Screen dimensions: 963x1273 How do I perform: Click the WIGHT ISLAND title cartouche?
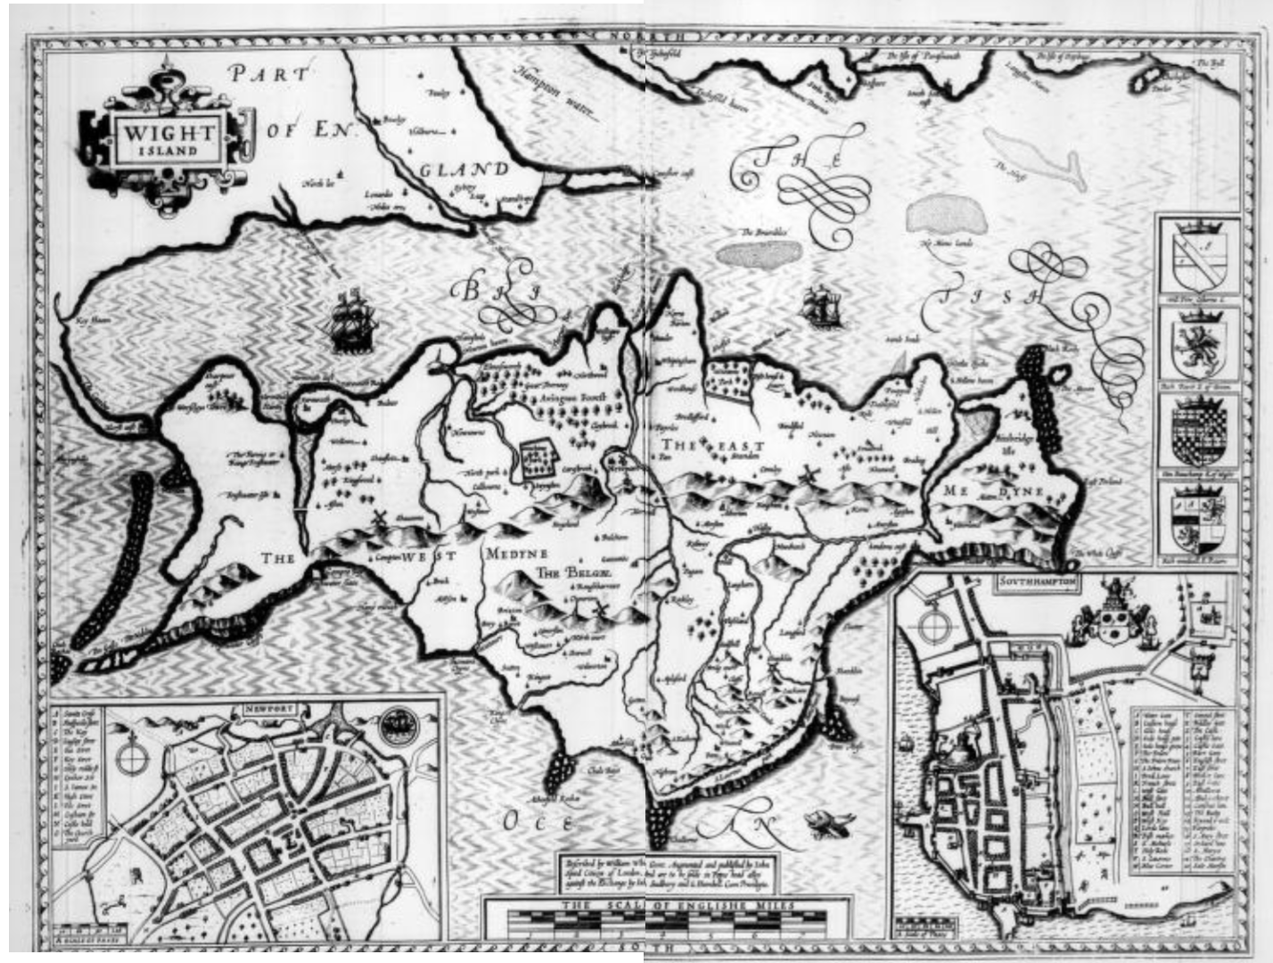tap(168, 140)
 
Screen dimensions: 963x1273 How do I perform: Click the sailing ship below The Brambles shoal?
tap(820, 308)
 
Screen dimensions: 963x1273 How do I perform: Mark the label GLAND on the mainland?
tap(463, 169)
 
